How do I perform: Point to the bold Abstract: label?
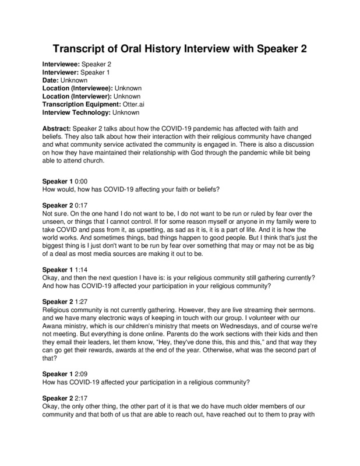tap(61, 128)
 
